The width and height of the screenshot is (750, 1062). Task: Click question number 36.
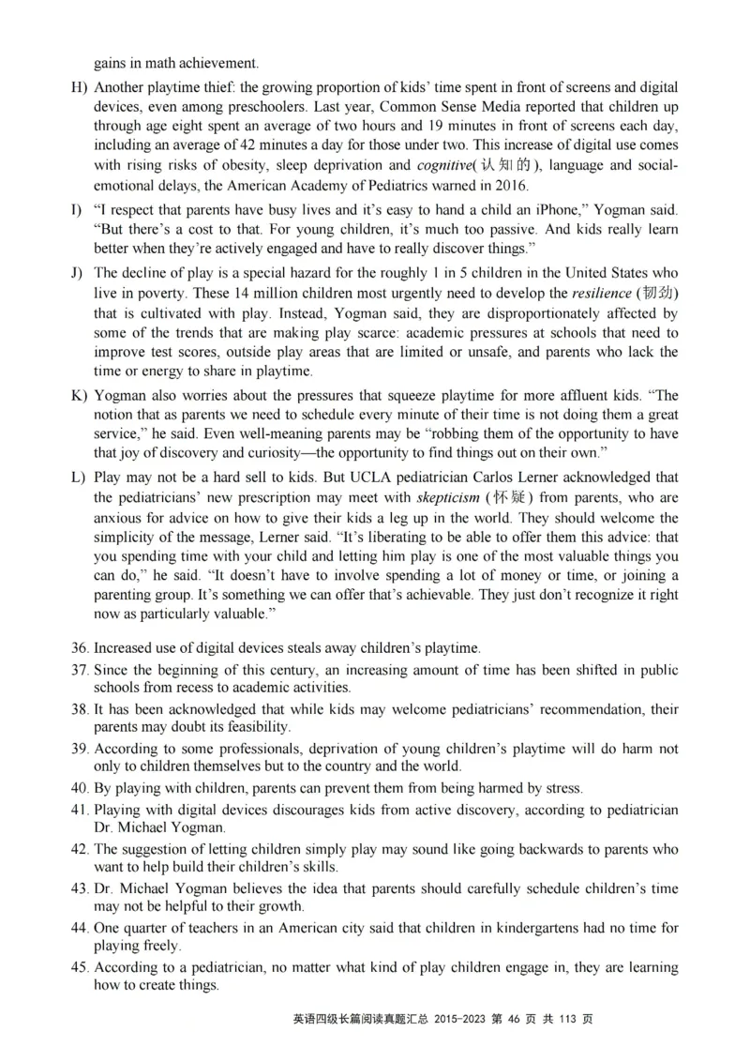[x=79, y=648]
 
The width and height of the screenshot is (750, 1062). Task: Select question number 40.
[x=79, y=787]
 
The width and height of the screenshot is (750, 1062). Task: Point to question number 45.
[x=79, y=967]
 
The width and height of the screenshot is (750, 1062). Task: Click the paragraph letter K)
[x=79, y=395]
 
